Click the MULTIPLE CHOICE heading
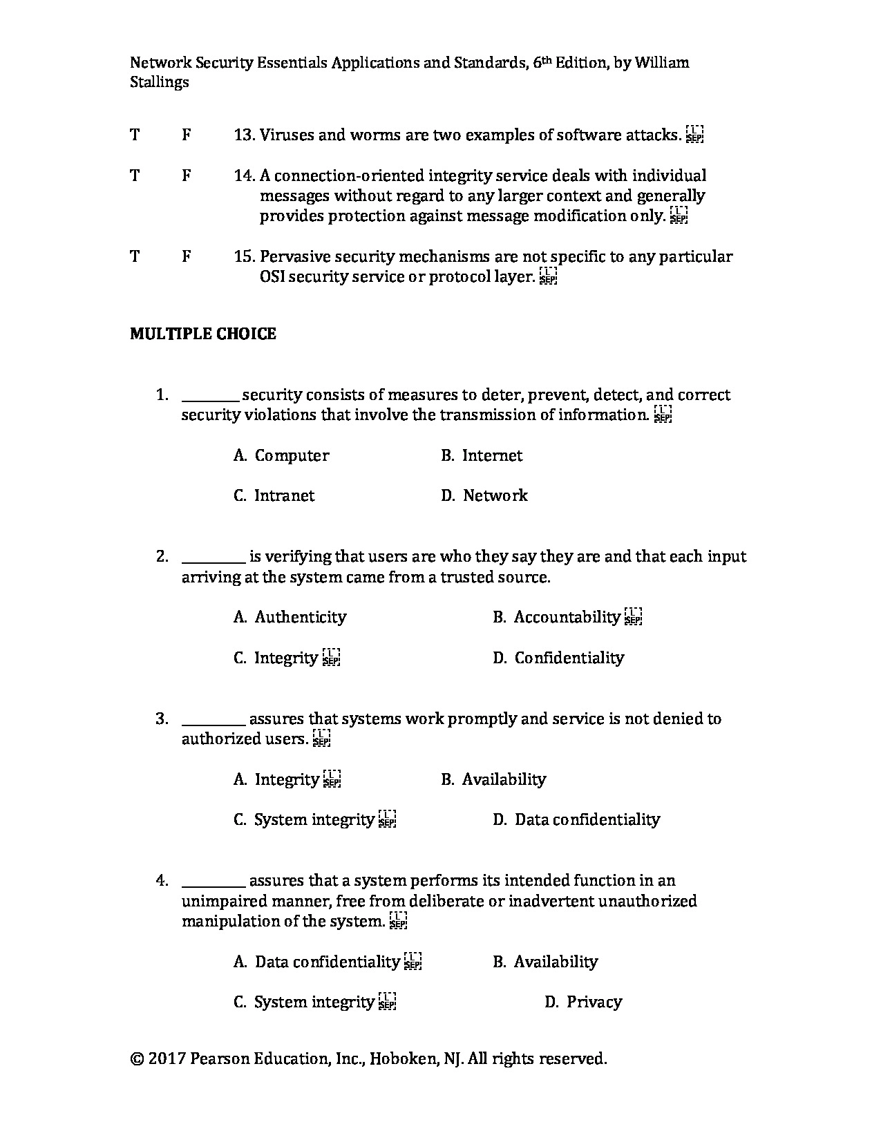[x=202, y=334]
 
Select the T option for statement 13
[x=135, y=135]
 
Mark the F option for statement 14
[x=187, y=175]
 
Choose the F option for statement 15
[x=187, y=256]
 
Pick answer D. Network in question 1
[x=484, y=495]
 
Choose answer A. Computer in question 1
[x=281, y=455]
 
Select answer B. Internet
[x=482, y=455]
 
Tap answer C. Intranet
[x=274, y=495]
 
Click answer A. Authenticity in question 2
[x=290, y=617]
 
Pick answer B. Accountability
[x=557, y=617]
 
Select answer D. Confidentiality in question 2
[x=558, y=658]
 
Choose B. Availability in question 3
[x=493, y=779]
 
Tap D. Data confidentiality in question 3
[x=576, y=819]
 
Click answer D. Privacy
[x=583, y=1002]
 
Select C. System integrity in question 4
[x=304, y=1002]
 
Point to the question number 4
[x=162, y=880]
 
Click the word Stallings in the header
[x=160, y=82]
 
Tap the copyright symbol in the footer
[x=137, y=1058]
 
